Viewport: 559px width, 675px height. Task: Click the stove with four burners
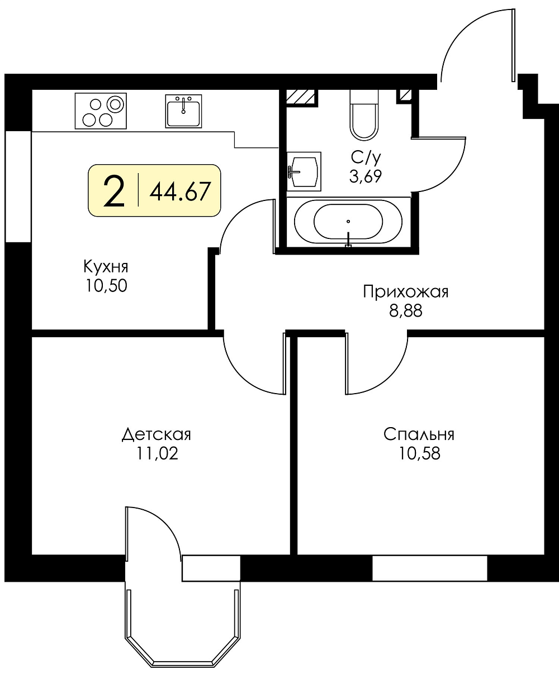click(x=101, y=111)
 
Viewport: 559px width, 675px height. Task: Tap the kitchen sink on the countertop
click(x=183, y=111)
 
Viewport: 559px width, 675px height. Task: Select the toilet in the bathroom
click(x=364, y=115)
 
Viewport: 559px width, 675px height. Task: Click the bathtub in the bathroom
click(x=348, y=222)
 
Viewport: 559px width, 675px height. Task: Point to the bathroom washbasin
click(x=304, y=171)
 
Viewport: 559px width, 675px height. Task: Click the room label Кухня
click(x=106, y=267)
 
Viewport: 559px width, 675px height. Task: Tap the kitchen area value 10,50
click(x=106, y=286)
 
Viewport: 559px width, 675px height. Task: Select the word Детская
click(x=157, y=434)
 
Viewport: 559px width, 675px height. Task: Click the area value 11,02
click(x=157, y=453)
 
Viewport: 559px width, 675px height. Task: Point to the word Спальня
click(x=419, y=434)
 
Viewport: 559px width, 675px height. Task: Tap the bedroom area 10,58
click(x=419, y=453)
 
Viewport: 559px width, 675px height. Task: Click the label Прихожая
click(x=406, y=292)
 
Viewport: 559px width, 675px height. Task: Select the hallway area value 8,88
click(x=406, y=312)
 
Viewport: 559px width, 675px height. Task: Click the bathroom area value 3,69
click(x=366, y=176)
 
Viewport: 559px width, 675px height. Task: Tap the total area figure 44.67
click(x=181, y=191)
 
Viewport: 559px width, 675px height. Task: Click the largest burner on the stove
click(x=115, y=104)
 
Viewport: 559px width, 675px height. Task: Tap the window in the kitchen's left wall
click(x=18, y=186)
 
